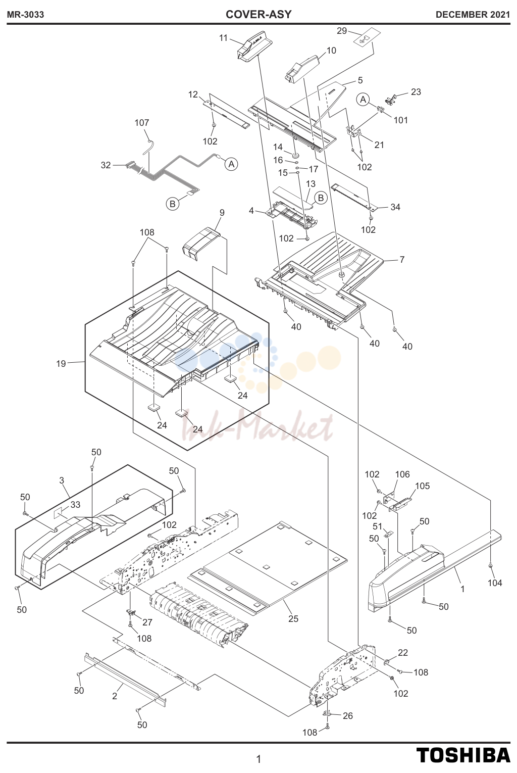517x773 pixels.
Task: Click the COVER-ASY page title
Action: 258,15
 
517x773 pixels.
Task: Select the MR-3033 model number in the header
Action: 26,15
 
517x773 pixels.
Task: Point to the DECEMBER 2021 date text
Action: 473,15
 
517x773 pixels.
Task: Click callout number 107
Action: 142,122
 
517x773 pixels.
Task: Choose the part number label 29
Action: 341,31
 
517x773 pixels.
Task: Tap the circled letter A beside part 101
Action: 363,100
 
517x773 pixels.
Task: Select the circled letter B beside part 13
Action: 321,198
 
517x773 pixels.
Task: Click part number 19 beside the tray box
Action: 61,364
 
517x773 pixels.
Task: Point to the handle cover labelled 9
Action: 202,244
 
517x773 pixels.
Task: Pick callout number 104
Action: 495,583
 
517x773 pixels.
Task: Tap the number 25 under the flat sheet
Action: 293,619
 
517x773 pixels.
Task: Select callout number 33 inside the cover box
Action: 75,505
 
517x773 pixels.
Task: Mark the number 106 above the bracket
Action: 402,474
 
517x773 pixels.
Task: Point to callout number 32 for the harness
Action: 106,165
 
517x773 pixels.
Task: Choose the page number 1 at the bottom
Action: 258,759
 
